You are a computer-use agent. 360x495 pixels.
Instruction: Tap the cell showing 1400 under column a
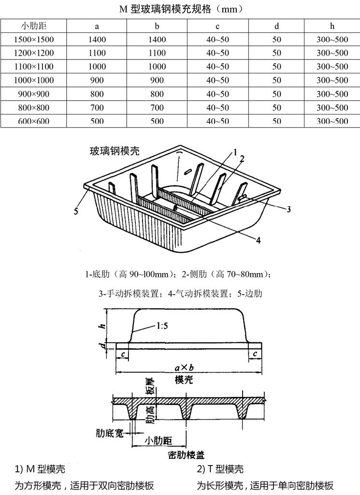(97, 40)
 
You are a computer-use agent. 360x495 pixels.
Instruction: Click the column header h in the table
(332, 26)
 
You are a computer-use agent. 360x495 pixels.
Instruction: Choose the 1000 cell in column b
(157, 67)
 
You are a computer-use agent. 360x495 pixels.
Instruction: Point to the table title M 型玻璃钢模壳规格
(180, 9)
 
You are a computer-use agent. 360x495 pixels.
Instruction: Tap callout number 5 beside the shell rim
(76, 210)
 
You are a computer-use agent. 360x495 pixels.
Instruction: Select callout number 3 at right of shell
(288, 209)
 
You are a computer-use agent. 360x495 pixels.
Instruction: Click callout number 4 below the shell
(258, 240)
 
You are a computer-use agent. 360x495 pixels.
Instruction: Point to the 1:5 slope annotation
(161, 326)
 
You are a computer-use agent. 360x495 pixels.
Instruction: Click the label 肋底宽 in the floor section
(107, 431)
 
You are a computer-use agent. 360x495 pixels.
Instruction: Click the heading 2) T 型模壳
(220, 469)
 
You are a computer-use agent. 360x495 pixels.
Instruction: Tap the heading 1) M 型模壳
(40, 469)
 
